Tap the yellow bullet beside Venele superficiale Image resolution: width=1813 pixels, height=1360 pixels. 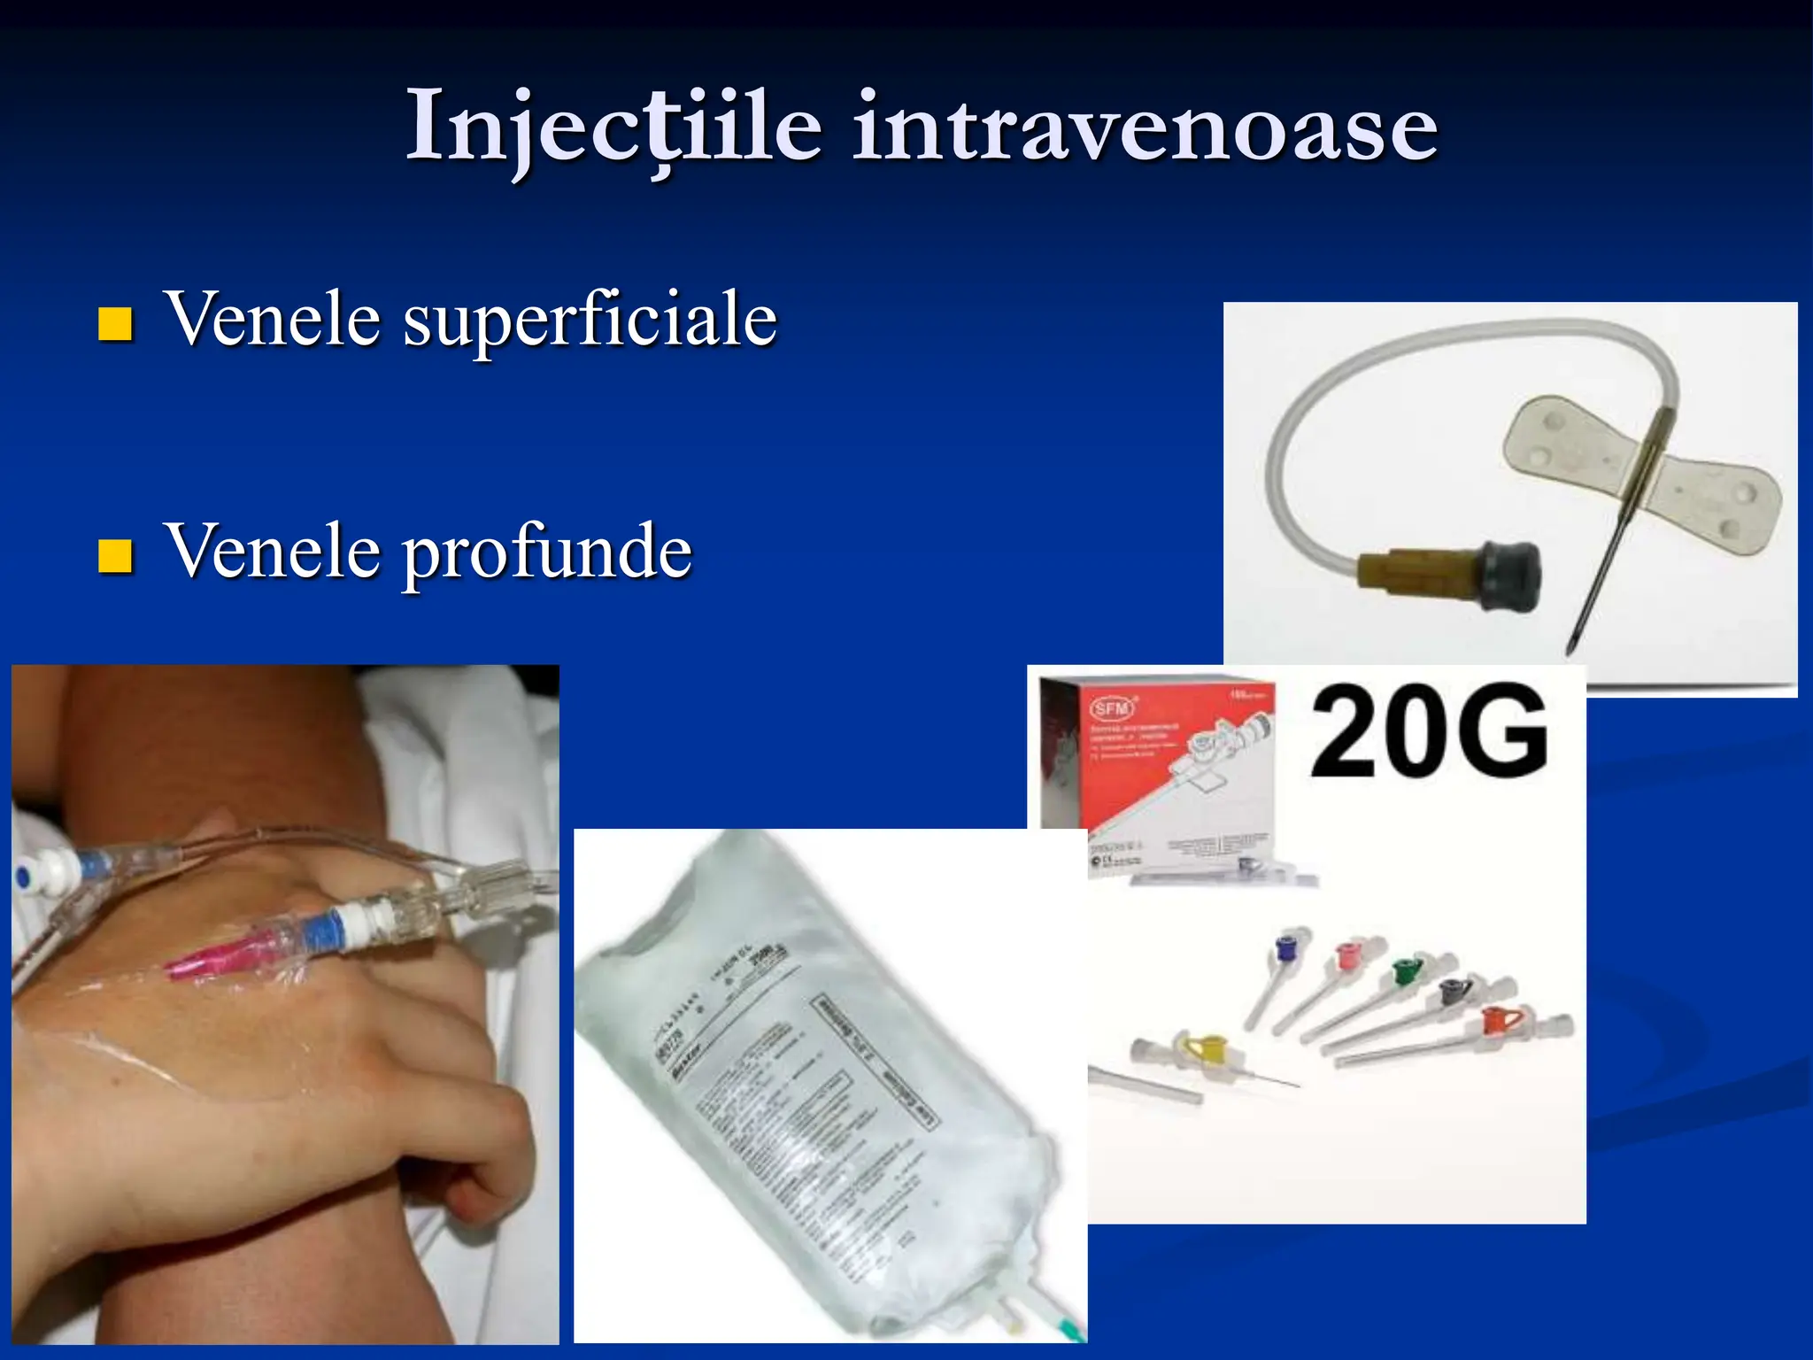(115, 324)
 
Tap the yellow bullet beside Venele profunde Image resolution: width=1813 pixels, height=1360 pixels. (115, 556)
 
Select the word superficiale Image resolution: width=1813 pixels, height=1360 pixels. (590, 321)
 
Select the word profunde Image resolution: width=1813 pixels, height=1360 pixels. (547, 552)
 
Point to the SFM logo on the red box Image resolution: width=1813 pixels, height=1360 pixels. (1111, 709)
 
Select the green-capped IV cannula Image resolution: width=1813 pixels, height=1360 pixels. (1405, 972)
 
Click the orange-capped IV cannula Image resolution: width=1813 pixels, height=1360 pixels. (1496, 1022)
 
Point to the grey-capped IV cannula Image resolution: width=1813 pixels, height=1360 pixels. (1452, 993)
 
